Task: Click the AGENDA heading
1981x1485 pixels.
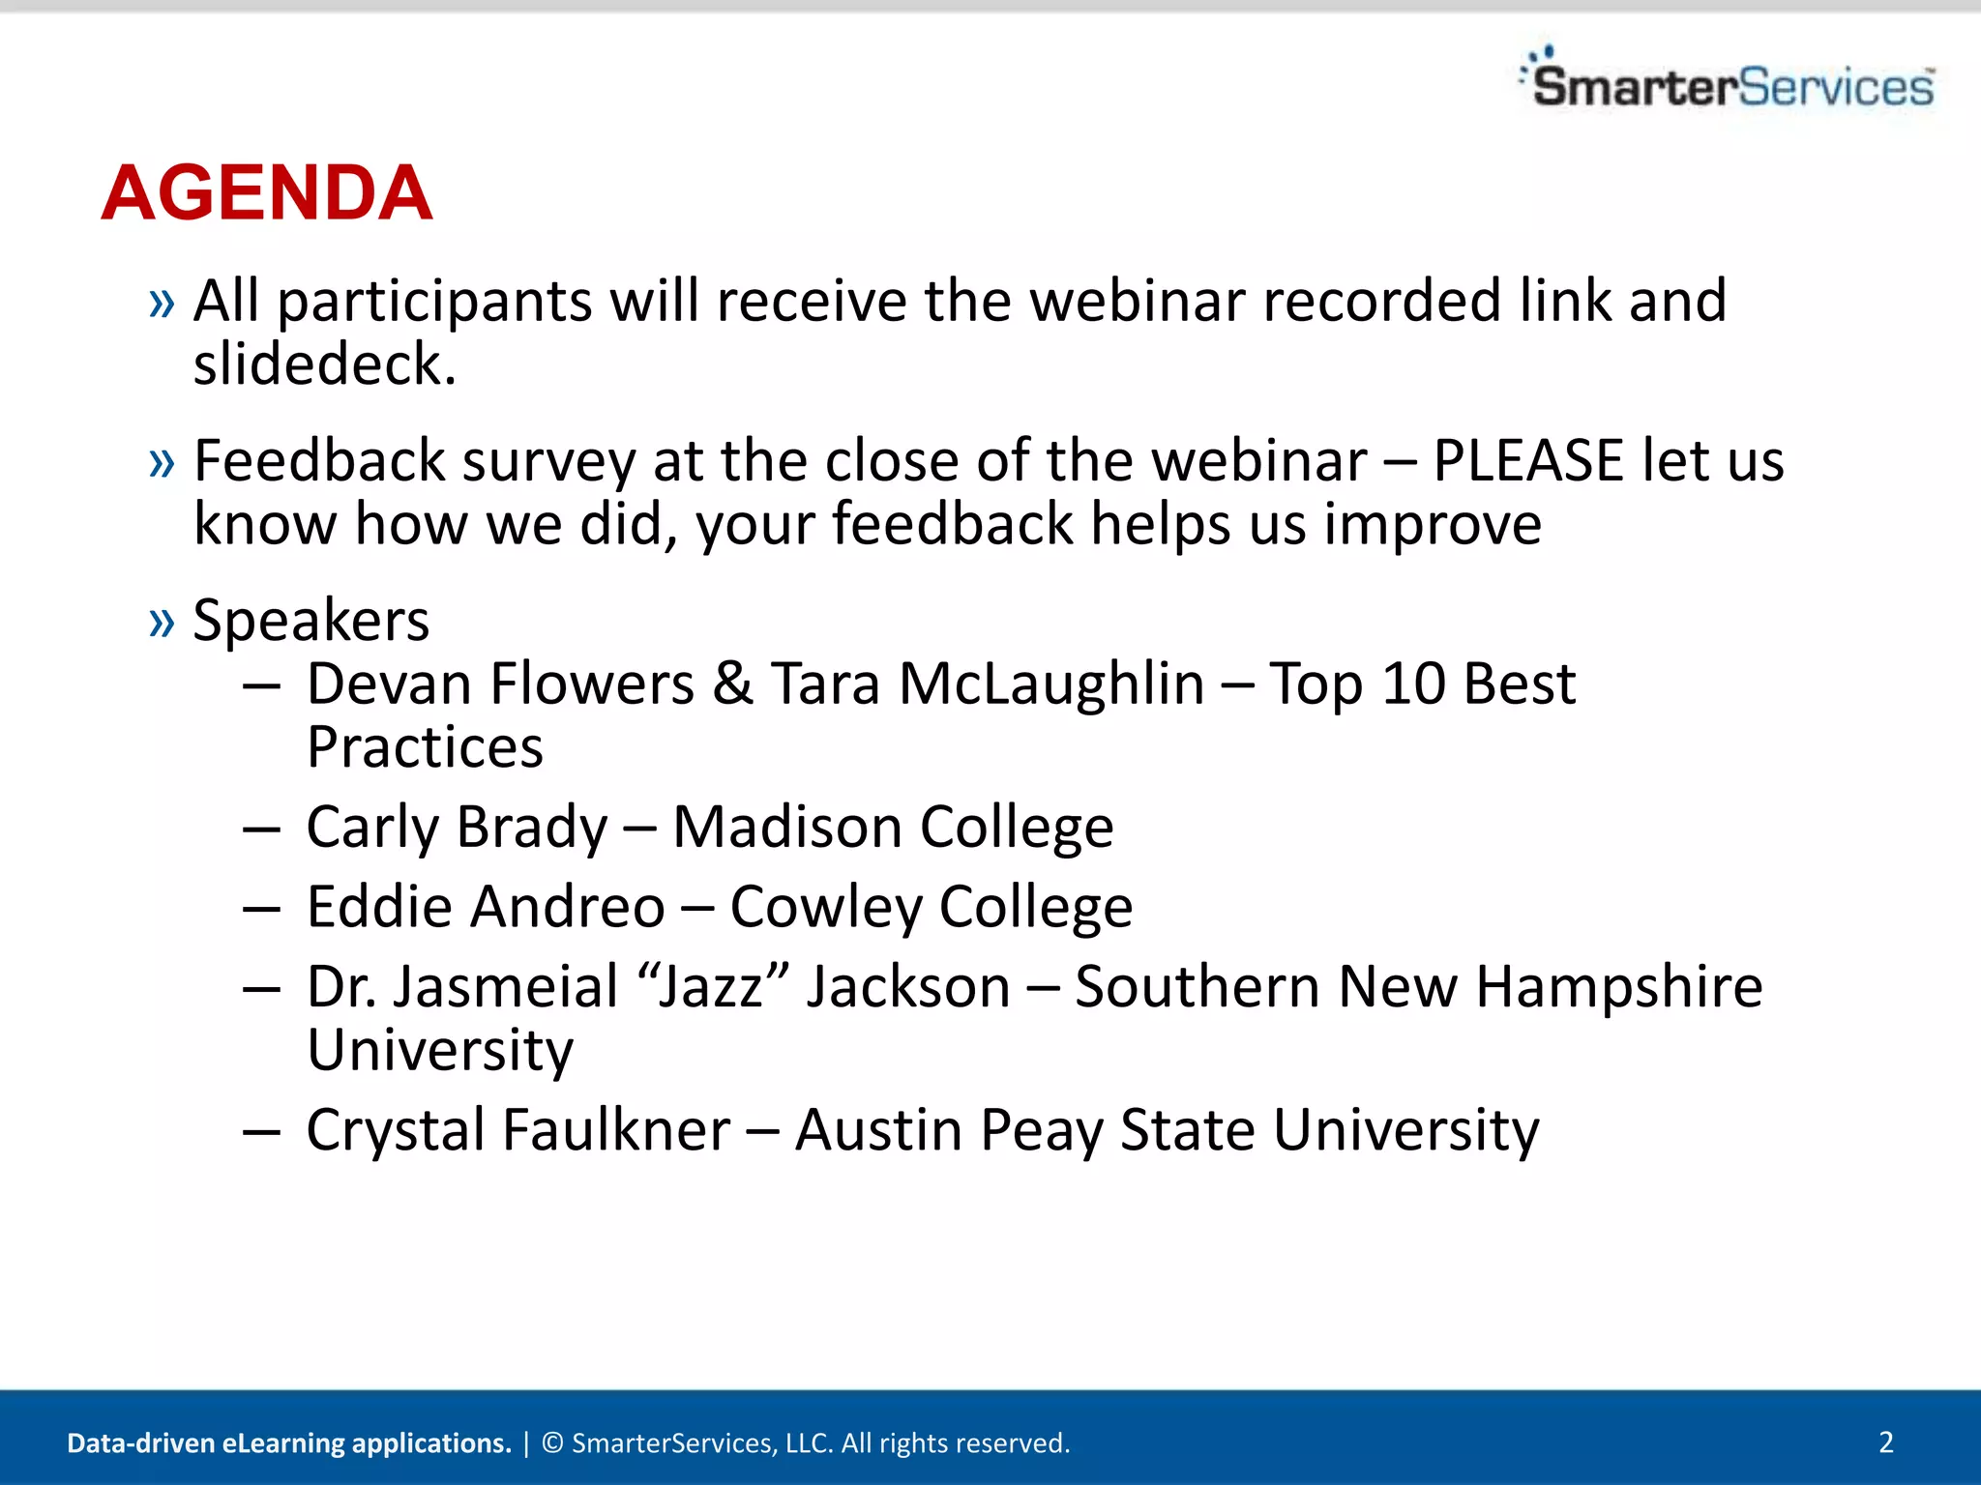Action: click(x=266, y=193)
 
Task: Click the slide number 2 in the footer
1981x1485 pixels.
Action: click(x=1885, y=1441)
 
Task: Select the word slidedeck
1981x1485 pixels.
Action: click(x=324, y=365)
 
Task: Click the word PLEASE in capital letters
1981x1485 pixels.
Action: click(x=1526, y=461)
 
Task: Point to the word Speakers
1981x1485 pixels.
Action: click(x=310, y=621)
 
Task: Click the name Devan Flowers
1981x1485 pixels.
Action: click(x=500, y=684)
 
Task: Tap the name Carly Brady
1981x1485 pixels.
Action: click(x=457, y=828)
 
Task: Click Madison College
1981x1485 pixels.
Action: click(x=892, y=828)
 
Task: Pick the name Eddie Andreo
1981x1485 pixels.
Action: click(x=486, y=907)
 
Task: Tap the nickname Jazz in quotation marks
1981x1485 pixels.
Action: click(x=710, y=987)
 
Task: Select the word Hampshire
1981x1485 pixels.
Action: click(x=1618, y=987)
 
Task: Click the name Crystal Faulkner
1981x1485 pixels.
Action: click(x=517, y=1130)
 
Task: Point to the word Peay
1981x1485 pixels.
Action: click(x=1041, y=1130)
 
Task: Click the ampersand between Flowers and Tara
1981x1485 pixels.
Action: click(x=732, y=684)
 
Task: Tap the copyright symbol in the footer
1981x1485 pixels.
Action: click(x=552, y=1442)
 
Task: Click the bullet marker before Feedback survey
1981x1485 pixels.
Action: click(x=162, y=463)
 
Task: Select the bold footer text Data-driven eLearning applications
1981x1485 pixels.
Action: click(x=288, y=1442)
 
